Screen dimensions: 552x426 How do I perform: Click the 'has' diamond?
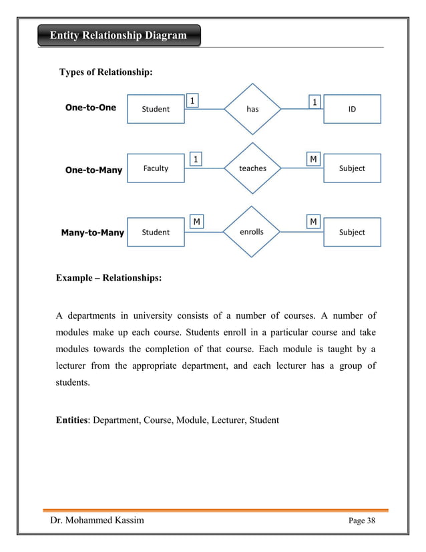point(252,109)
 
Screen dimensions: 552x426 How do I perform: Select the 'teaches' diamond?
point(252,168)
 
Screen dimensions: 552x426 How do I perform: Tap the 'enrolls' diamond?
point(252,232)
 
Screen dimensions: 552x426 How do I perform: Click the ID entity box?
point(352,109)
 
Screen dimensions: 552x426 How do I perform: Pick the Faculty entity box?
point(156,168)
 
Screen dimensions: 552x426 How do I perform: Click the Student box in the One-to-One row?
point(156,109)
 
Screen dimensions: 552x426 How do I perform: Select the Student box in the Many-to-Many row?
point(156,232)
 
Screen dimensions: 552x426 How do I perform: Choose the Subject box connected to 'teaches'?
point(352,168)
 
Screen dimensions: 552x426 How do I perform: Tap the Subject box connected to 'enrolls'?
point(352,232)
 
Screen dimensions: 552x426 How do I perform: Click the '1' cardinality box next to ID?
point(314,102)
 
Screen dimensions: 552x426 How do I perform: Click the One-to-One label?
point(91,107)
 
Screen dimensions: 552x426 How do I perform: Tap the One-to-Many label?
point(93,170)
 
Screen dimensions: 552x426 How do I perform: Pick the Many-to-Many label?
point(93,233)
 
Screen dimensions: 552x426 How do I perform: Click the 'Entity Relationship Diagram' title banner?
point(118,35)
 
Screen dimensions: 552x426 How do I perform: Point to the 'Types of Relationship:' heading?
point(107,72)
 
